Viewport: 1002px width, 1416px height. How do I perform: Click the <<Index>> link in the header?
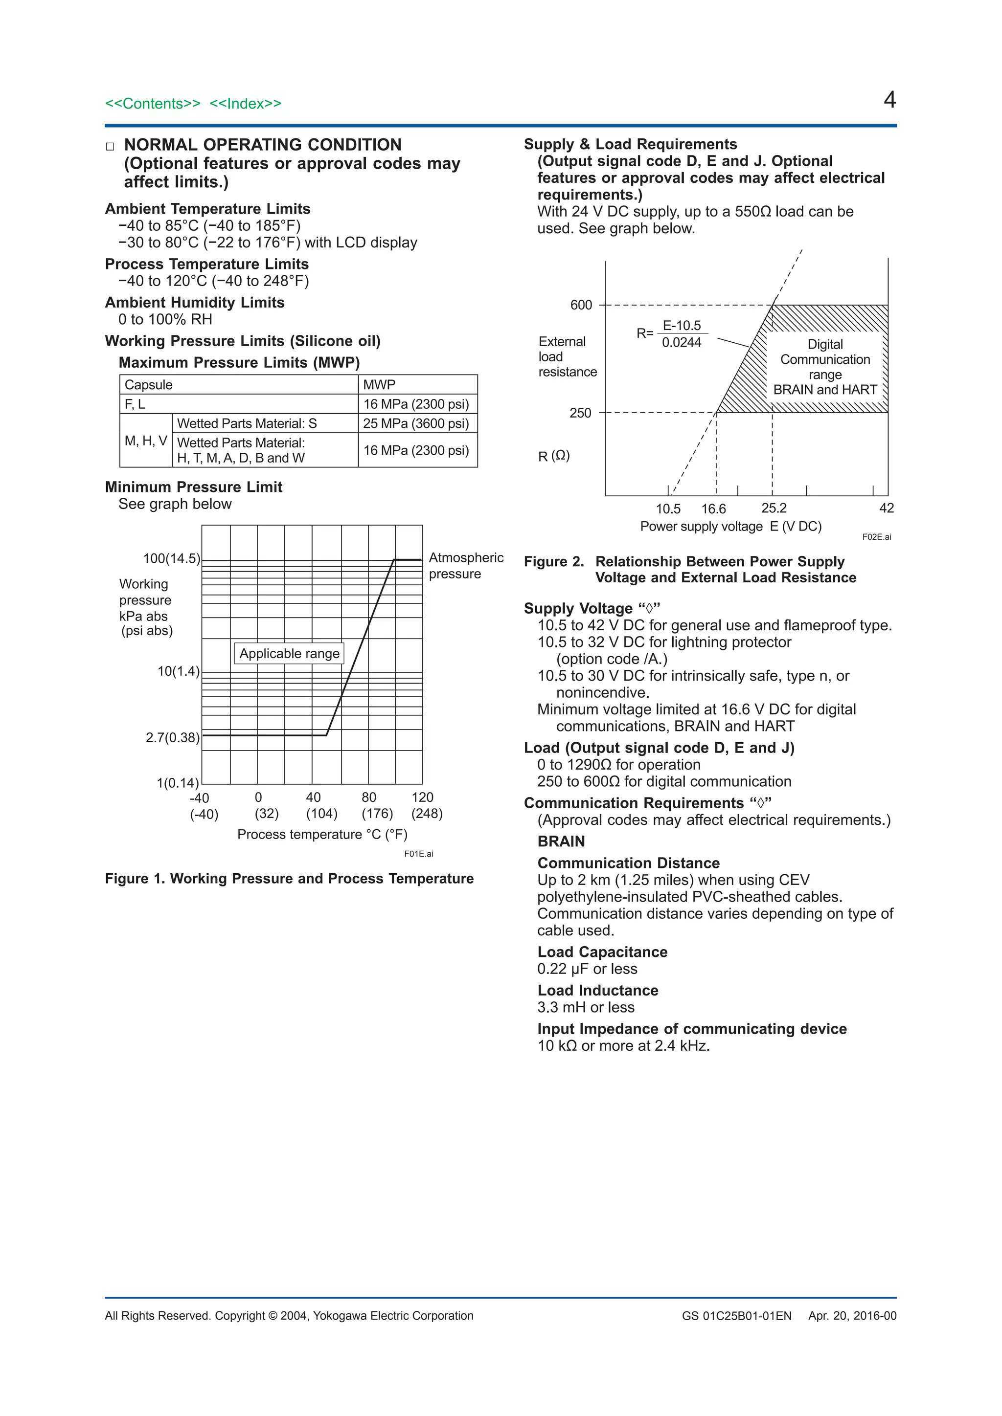coord(245,104)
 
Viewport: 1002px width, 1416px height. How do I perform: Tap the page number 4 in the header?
coord(889,100)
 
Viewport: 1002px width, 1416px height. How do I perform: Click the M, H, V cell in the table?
coord(146,441)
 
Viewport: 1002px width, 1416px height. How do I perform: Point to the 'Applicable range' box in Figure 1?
coord(289,654)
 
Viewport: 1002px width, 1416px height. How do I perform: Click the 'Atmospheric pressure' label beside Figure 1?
coord(466,566)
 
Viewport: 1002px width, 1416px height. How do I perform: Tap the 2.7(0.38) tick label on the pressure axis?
coord(173,738)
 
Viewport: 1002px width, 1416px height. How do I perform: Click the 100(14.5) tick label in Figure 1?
coord(172,559)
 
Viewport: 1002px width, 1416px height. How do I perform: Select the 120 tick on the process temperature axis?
coord(423,797)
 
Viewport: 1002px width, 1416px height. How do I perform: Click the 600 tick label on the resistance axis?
coord(581,305)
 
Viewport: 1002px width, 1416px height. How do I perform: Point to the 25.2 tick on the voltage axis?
coord(774,508)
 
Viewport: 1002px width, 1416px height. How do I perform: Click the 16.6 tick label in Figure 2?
coord(713,509)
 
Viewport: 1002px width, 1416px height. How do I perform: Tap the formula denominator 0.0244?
coord(681,343)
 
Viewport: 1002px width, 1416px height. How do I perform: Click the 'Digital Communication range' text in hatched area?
coord(825,359)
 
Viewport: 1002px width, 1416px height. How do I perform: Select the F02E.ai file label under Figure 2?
coord(876,537)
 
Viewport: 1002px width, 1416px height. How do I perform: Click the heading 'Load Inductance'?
coord(597,991)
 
